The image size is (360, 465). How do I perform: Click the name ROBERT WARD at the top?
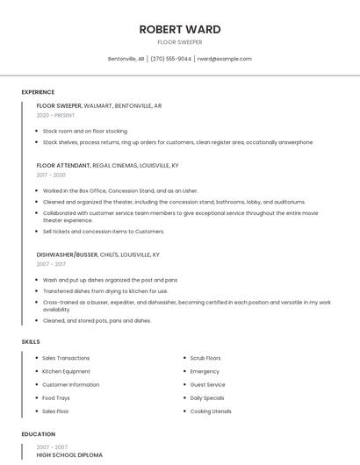179,29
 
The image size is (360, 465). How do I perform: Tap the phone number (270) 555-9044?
170,59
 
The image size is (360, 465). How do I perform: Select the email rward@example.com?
224,59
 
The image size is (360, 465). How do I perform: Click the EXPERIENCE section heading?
38,92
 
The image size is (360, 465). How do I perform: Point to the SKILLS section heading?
30,341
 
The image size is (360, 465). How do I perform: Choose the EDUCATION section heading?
38,434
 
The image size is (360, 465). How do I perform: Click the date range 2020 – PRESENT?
57,116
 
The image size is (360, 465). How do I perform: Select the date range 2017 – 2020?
51,175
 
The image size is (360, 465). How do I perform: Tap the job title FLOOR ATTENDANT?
63,165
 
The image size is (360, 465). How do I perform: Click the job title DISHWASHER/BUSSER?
68,254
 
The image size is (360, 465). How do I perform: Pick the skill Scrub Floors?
205,358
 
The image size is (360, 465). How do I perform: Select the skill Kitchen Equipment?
66,371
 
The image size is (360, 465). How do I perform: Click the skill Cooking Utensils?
211,411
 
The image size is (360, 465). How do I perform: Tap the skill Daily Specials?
207,397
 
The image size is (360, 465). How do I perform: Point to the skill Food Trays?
56,397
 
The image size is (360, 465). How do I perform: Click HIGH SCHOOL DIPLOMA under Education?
69,455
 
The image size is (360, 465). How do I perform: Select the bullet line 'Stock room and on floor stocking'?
85,131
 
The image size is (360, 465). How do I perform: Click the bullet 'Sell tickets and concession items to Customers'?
104,232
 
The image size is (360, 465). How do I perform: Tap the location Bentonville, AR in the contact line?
126,59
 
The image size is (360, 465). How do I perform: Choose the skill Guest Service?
207,384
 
